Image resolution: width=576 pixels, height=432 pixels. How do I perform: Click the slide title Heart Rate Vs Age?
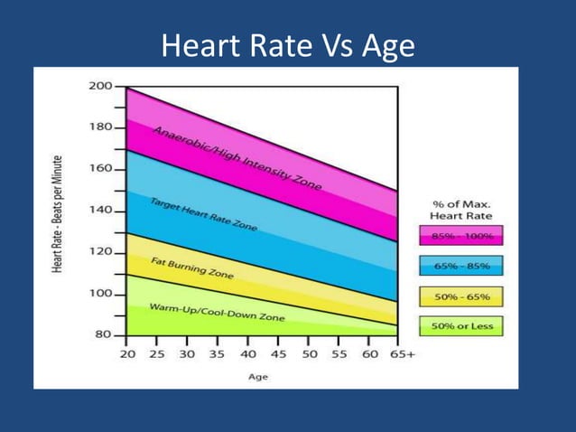point(288,45)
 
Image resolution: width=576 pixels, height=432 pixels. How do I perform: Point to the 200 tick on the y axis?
point(100,87)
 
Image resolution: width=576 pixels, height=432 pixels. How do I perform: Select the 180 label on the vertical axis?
point(100,127)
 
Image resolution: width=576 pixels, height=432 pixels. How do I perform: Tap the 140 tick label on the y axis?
point(100,211)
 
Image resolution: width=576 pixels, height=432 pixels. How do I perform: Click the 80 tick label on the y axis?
point(104,335)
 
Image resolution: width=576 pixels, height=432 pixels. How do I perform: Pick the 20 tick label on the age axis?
point(126,354)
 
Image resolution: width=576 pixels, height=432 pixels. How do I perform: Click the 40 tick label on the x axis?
point(248,354)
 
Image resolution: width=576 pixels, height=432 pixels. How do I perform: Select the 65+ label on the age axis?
point(402,354)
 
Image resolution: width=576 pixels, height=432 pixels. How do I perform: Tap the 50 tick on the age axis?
point(310,354)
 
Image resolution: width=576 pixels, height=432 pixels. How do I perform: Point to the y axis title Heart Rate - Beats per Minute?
point(57,213)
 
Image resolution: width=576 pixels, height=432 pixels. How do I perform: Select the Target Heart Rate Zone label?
point(203,215)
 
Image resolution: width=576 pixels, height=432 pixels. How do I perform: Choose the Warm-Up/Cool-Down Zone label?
point(217,313)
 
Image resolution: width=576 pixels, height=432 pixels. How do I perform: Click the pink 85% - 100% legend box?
point(461,237)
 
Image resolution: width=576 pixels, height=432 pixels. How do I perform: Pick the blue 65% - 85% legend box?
point(461,267)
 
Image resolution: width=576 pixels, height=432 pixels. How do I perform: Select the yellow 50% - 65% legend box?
point(461,296)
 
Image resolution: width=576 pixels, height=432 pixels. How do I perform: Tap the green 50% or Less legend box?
point(461,326)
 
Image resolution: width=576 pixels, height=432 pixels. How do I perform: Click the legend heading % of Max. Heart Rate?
point(460,210)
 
